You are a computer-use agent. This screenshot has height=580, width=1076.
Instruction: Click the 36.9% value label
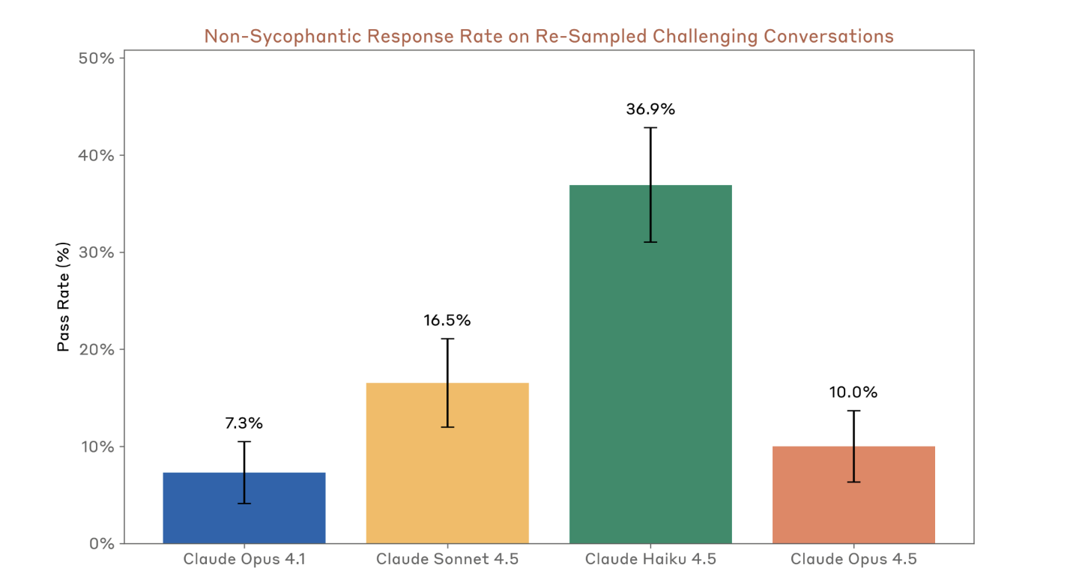[x=650, y=109]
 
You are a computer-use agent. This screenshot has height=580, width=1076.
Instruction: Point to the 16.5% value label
[x=447, y=321]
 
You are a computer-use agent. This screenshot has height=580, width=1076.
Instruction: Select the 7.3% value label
[x=244, y=423]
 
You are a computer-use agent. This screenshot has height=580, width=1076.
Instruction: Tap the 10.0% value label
[x=853, y=393]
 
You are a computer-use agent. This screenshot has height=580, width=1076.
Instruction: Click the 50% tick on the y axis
[x=96, y=58]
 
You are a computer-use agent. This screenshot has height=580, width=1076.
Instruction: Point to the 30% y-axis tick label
[x=96, y=253]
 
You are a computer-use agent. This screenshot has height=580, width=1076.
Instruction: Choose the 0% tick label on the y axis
[x=100, y=544]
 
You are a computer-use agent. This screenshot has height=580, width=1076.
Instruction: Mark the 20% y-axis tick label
[x=96, y=350]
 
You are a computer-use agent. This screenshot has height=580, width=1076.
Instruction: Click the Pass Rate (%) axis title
[x=64, y=297]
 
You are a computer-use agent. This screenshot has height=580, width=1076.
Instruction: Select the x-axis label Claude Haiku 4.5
[x=650, y=560]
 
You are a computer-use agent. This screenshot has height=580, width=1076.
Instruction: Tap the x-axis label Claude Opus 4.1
[x=244, y=560]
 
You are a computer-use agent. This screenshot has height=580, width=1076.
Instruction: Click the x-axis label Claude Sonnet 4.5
[x=447, y=560]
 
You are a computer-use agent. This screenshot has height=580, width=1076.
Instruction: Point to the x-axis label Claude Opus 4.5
[x=853, y=560]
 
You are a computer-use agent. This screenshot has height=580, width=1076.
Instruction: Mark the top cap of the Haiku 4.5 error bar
[x=650, y=128]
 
